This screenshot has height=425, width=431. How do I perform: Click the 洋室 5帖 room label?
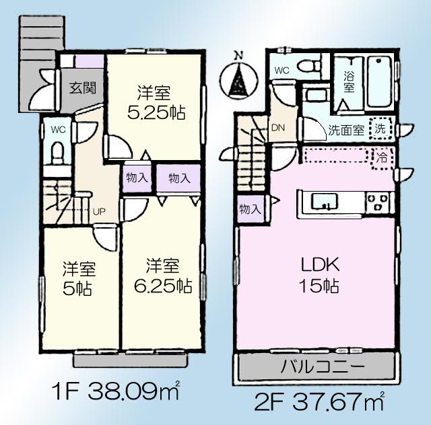point(80,279)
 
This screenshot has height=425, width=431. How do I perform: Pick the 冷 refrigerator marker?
point(381,159)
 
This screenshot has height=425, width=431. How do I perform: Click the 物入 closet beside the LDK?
point(250,209)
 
